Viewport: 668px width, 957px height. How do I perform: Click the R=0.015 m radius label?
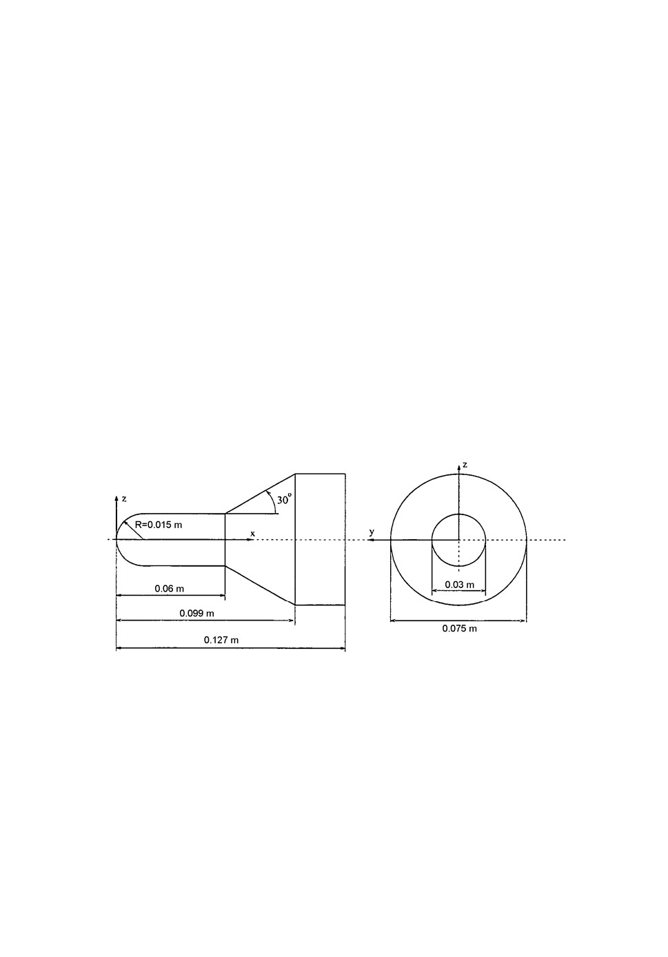point(159,525)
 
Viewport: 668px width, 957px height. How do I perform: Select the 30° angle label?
point(284,498)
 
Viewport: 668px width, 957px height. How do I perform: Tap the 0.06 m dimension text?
point(169,589)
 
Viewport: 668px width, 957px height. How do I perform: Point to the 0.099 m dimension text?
point(196,614)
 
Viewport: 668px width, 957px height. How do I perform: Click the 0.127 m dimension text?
point(221,640)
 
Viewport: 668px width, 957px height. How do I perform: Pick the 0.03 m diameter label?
point(460,585)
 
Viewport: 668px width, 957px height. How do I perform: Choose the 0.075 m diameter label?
point(460,628)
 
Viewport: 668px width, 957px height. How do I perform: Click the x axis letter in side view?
point(252,533)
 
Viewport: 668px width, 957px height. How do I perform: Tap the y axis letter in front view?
point(372,532)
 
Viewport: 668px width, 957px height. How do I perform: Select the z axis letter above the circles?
point(465,465)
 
